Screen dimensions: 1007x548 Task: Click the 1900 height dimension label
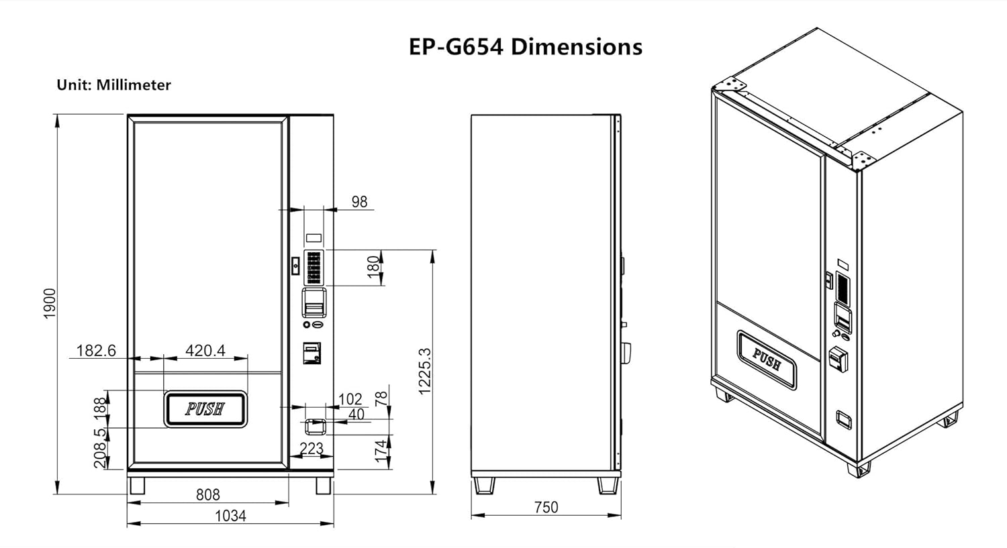point(50,304)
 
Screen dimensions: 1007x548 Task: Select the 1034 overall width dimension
point(231,516)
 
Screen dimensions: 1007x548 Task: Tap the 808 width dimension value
point(208,494)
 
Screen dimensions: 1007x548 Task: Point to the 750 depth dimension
point(546,507)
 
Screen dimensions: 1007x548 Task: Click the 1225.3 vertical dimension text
point(425,372)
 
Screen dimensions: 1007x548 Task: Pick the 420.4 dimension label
point(205,350)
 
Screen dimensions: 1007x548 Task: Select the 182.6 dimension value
point(96,350)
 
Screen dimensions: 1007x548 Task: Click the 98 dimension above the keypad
point(360,202)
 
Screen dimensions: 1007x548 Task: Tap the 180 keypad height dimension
point(373,267)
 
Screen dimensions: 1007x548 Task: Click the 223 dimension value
point(311,448)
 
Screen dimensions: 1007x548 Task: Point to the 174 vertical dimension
point(381,451)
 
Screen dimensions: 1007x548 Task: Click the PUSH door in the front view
point(205,409)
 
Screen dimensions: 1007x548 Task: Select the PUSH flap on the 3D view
point(767,360)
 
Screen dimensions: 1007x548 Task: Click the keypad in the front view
point(314,268)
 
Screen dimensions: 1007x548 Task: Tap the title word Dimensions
point(577,47)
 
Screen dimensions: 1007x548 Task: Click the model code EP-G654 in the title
point(456,47)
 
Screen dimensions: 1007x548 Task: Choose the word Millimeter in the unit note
point(134,85)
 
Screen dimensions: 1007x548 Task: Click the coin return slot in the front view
point(316,427)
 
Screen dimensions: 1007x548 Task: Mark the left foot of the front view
point(137,486)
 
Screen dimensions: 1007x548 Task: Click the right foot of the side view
point(608,486)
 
